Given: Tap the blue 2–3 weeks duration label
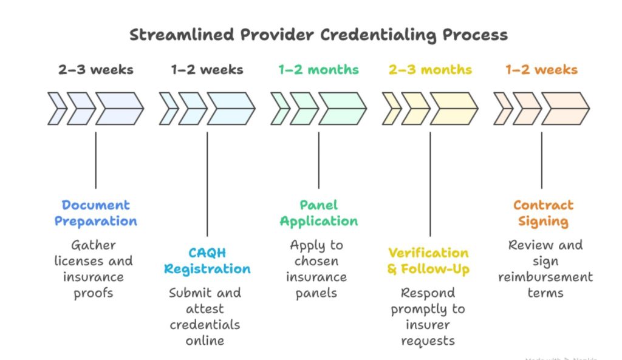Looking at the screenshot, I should coord(95,70).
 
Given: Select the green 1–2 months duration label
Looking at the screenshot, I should coord(318,70).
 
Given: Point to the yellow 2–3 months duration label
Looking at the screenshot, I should coord(430,70).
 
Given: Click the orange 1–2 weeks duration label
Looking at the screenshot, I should coord(542,70).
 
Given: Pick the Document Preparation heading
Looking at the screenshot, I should coord(96,213).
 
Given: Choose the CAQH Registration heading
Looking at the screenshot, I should coord(207,261).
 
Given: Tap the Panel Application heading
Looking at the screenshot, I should coord(318,213).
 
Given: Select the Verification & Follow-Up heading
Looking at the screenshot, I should coord(429,261).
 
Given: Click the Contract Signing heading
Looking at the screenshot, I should coord(542,213).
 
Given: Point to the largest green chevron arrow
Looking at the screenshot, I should coord(342,109).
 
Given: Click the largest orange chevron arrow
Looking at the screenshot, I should coord(565,109).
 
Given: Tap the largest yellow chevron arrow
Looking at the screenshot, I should coord(453,109).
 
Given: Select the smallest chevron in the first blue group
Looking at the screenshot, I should coord(57,109).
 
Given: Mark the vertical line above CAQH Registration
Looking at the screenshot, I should coord(207,182).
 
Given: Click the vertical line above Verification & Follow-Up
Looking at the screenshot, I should coord(430,182).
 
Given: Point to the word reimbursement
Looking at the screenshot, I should coord(545,277).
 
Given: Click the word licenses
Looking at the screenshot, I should coord(77,261).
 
